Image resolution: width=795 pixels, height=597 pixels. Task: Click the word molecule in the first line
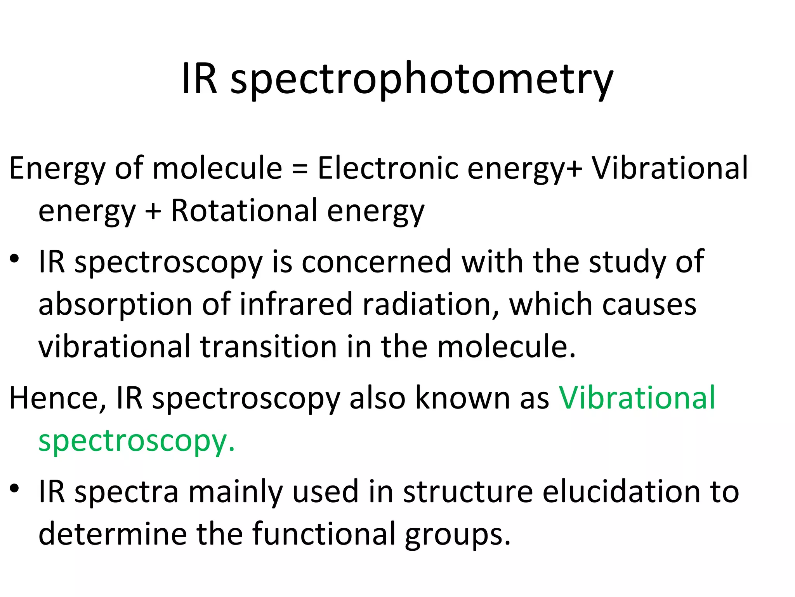tap(217, 168)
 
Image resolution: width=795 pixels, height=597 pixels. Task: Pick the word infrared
tap(295, 304)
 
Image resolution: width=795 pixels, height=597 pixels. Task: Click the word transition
tap(268, 347)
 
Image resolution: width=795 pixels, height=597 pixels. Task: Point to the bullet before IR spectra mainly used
tap(14, 489)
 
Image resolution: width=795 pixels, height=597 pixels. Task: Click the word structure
tap(468, 492)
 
